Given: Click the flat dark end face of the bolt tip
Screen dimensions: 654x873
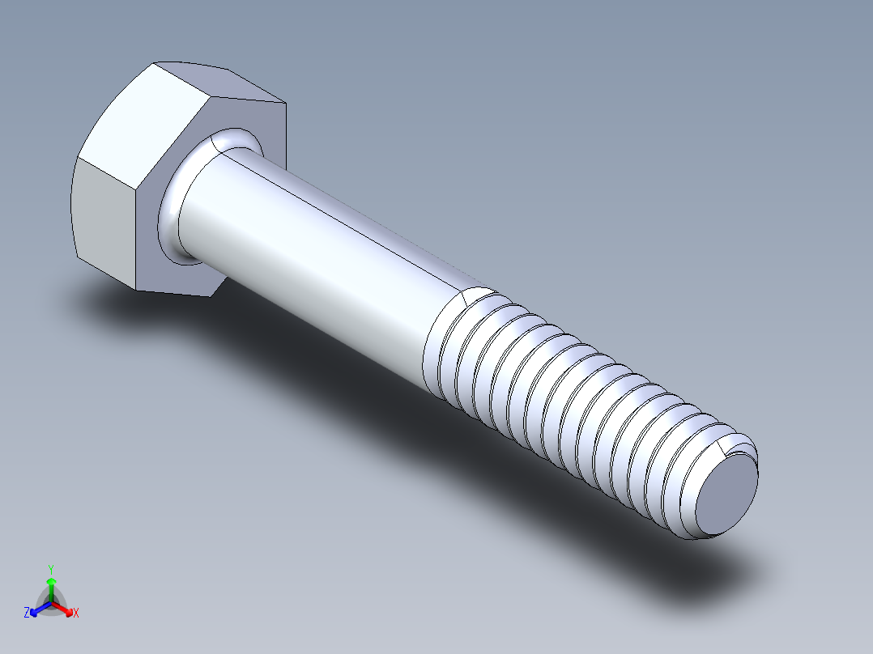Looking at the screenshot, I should tap(726, 495).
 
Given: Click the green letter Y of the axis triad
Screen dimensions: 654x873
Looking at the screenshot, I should tap(50, 569).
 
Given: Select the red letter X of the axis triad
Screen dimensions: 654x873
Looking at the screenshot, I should tap(76, 614).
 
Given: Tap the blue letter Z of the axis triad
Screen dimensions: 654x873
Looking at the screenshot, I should tap(27, 614).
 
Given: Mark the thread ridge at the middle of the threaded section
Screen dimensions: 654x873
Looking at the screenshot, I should tap(567, 405).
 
